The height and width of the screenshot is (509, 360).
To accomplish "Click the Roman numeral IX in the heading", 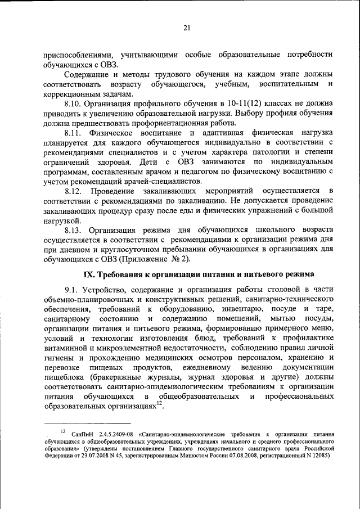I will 89,274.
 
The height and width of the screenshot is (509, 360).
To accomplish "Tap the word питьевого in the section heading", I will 260,274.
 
